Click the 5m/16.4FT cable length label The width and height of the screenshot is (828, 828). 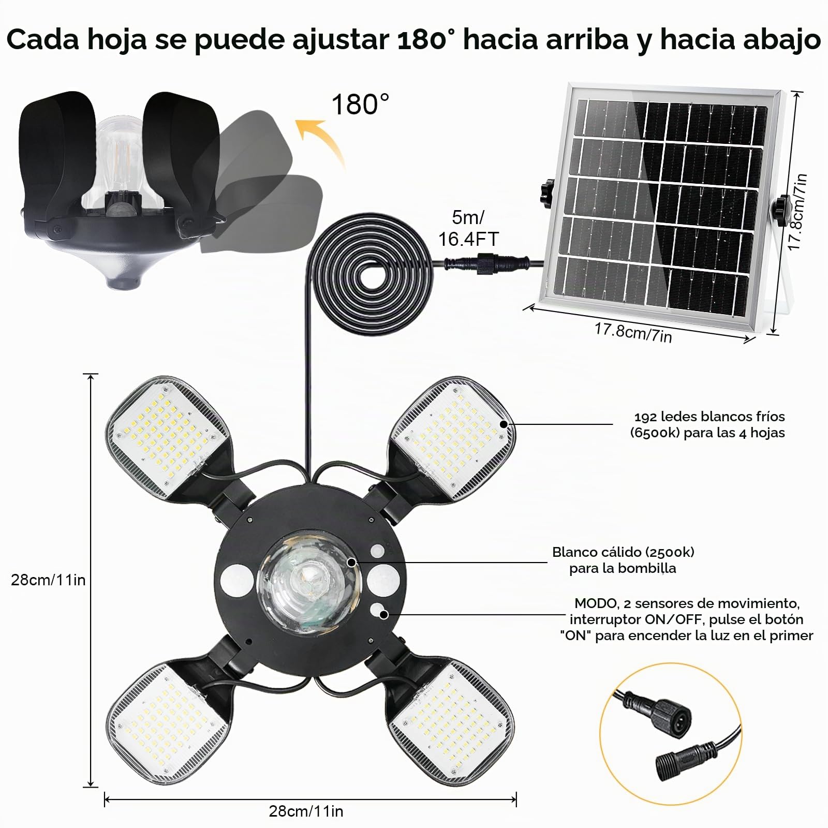(468, 228)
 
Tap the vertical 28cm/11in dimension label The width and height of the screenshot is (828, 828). (48, 580)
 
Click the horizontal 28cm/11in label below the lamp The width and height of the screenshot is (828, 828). (306, 811)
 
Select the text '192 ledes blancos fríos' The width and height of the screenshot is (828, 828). (709, 417)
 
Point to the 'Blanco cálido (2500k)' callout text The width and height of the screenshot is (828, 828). (623, 552)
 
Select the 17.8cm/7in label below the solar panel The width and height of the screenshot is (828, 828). (633, 333)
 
